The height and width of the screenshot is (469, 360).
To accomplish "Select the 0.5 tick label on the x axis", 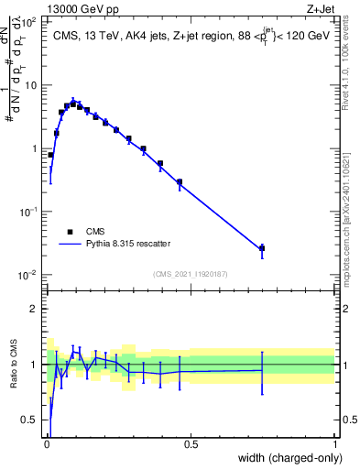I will coord(191,444).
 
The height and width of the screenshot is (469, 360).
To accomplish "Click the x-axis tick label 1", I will coord(334,444).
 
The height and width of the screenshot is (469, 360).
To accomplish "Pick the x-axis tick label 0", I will coord(47,444).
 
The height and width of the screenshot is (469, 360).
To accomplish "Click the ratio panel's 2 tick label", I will coord(35,309).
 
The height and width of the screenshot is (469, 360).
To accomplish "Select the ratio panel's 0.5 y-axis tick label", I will coord(30,420).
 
